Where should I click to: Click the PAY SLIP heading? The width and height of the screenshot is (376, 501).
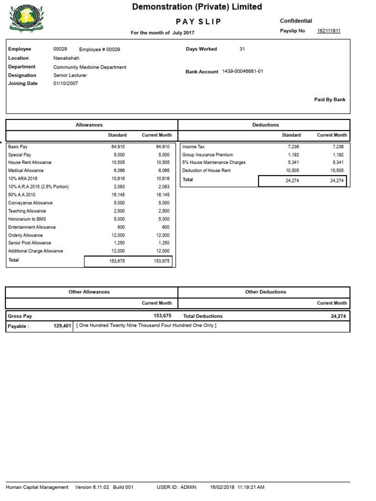coord(198,22)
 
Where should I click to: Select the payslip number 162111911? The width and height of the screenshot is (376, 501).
coord(329,31)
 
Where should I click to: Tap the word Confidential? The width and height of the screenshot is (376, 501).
coord(296,21)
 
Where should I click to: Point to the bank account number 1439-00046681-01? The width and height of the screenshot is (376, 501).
coord(243,71)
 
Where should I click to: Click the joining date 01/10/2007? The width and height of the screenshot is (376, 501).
coord(66,84)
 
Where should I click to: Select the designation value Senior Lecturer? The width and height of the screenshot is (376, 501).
coord(70,75)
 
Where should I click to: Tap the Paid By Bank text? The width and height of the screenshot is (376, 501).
coord(329,99)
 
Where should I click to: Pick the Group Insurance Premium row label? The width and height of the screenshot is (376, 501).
coord(208,155)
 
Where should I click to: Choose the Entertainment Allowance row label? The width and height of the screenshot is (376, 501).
coord(32,227)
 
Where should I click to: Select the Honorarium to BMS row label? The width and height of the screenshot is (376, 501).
coord(27,219)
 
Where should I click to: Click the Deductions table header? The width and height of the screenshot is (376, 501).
coord(265,125)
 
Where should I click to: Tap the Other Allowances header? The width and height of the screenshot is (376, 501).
coord(89,292)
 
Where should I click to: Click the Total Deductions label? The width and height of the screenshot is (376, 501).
coord(203,316)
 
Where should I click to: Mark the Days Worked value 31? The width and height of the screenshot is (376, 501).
coord(242,49)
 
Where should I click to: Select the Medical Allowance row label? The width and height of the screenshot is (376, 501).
coord(26,170)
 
